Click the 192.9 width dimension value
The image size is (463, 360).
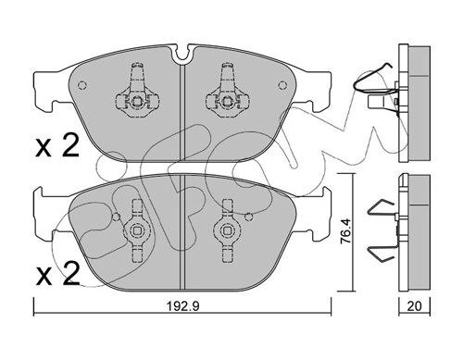point(183,306)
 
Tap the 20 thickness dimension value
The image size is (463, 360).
point(414,306)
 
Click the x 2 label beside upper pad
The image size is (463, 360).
point(57,147)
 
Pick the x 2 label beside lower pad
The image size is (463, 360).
point(57,273)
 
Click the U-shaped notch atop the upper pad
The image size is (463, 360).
point(182,54)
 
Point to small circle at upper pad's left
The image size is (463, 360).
point(82,85)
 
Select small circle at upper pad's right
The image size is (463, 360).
point(282,85)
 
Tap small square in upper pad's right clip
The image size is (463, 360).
point(227,101)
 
